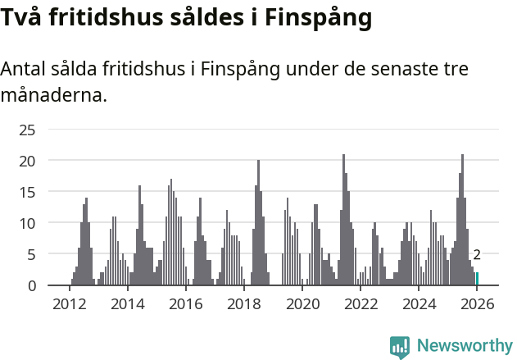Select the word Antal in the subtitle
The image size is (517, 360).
pyautogui.click(x=24, y=69)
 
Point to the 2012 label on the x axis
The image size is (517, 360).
pyautogui.click(x=69, y=304)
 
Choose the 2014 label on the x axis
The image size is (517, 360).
pyautogui.click(x=127, y=304)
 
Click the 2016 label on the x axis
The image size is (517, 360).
pyautogui.click(x=185, y=304)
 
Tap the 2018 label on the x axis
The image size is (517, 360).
pyautogui.click(x=243, y=304)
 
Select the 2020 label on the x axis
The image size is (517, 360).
pyautogui.click(x=302, y=304)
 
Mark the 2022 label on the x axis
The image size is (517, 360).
pyautogui.click(x=361, y=304)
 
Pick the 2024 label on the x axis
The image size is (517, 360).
pyautogui.click(x=419, y=304)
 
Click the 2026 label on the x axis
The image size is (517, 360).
pyautogui.click(x=477, y=304)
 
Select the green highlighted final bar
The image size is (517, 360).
pyautogui.click(x=477, y=279)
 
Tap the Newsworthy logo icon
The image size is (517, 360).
pyautogui.click(x=400, y=346)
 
